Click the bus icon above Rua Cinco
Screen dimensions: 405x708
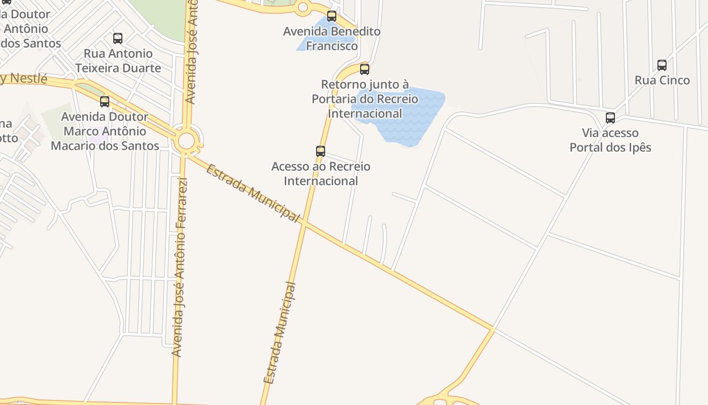coord(661,65)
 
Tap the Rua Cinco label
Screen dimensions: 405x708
coord(661,80)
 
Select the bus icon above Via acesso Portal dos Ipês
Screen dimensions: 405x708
coord(610,118)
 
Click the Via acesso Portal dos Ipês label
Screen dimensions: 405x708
coord(610,140)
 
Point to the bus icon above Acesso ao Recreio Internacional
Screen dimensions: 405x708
coord(320,151)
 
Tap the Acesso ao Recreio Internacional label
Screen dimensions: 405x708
coord(321,174)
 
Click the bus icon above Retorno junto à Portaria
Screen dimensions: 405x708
coord(364,69)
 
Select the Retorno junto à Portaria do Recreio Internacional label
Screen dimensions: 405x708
coord(365,99)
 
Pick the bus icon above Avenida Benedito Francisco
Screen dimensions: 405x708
coord(331,16)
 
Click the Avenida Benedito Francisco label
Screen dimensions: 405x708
coord(331,38)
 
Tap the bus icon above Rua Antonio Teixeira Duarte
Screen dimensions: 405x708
coord(117,38)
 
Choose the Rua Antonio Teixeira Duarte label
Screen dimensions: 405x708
coord(118,61)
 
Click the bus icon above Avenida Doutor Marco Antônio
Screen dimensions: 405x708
coord(105,102)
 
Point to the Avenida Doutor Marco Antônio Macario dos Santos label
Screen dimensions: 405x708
coord(105,132)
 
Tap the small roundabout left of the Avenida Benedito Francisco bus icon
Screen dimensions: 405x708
coord(303,7)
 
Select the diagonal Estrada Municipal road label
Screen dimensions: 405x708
coord(252,192)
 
